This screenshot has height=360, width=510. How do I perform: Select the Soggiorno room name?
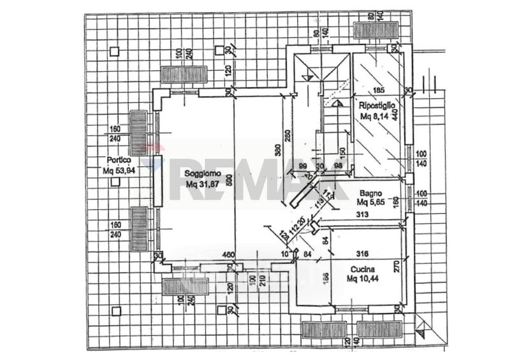203,173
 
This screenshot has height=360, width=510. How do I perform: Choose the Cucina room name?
361,269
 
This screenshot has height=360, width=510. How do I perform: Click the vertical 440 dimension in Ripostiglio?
395,115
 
